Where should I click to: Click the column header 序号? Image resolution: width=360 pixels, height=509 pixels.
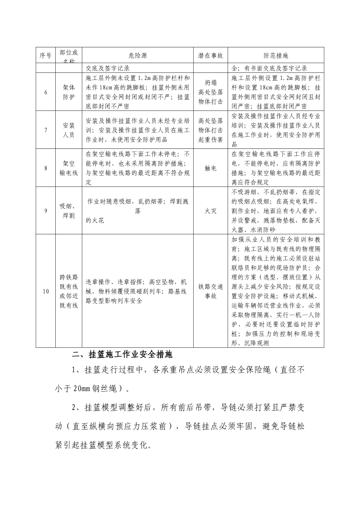45,55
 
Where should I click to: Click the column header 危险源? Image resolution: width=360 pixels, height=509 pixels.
138,55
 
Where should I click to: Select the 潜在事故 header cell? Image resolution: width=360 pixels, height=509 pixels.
210,55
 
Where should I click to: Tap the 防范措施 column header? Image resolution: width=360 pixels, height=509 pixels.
275,55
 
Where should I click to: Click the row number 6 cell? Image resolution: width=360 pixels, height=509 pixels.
45,92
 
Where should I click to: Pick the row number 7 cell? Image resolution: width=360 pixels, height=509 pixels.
45,130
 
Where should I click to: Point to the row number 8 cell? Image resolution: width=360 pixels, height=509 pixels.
45,168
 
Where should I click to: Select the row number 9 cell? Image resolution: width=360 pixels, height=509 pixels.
45,211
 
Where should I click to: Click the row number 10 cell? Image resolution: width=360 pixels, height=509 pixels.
45,291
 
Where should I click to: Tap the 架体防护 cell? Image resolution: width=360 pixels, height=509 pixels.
69,92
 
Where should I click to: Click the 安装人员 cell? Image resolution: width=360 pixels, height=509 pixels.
69,130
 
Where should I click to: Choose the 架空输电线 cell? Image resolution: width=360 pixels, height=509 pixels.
69,168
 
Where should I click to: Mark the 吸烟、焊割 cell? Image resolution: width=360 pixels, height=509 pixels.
69,211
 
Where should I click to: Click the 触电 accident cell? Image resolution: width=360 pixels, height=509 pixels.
210,168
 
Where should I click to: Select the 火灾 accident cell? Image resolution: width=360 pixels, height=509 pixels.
210,211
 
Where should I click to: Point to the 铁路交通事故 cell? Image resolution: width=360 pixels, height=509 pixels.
210,291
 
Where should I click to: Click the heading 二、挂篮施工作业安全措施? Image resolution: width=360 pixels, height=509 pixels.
122,355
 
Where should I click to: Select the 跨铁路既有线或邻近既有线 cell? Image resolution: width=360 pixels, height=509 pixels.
69,291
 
